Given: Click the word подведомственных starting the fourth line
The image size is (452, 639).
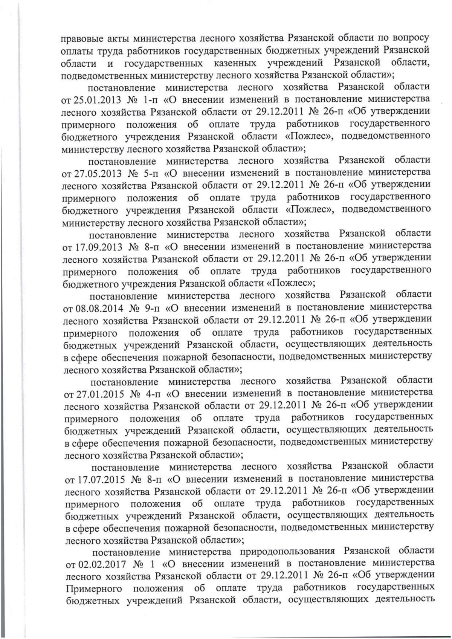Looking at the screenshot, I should point(104,75).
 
